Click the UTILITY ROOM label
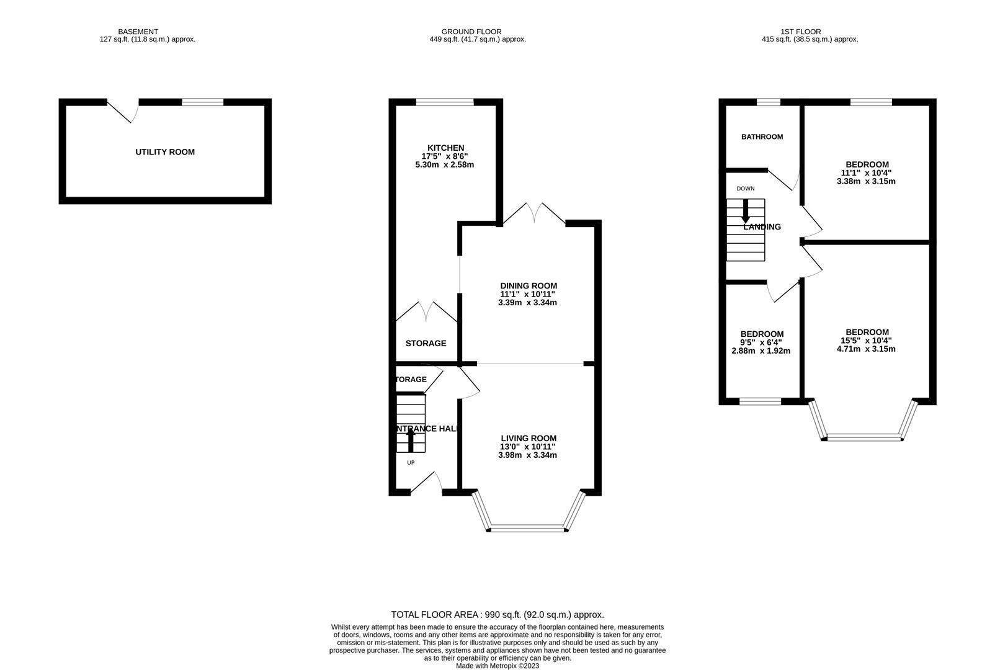point(165,152)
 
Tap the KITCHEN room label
point(444,148)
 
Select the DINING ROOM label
point(529,286)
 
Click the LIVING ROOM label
point(529,438)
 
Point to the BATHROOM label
point(762,136)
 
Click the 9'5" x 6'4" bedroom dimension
point(761,342)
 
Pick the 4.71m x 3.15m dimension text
point(866,349)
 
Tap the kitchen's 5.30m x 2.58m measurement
point(444,165)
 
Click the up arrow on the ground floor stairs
point(411,440)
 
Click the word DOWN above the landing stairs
point(746,188)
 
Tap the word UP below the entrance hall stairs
point(411,463)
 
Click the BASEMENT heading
point(138,32)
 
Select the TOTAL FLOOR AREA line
point(497,615)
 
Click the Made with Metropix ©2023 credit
point(497,666)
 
